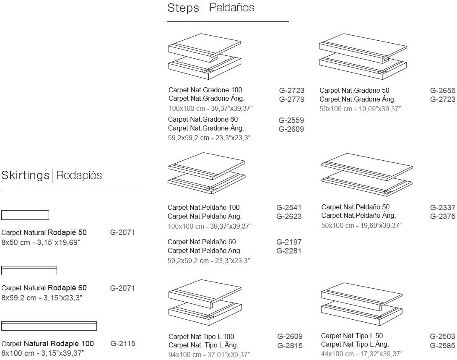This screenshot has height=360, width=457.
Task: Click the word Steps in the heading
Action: [x=183, y=8]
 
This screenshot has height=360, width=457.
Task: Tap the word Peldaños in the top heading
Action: [x=231, y=8]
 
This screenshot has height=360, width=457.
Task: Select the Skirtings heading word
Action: [x=25, y=175]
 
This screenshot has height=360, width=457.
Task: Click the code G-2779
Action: [x=291, y=99]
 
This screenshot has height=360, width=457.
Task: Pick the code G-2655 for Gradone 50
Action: [x=442, y=90]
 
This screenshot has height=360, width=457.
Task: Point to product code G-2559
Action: [x=291, y=120]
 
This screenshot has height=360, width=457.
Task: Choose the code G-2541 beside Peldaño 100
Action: [x=289, y=207]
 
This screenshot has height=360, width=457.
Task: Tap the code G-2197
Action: [x=289, y=242]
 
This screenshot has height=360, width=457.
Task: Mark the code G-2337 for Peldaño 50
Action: [x=442, y=207]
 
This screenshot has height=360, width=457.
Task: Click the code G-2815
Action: [x=290, y=346]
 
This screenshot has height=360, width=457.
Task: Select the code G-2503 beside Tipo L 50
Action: [x=442, y=337]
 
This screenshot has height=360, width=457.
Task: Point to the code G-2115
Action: [x=123, y=344]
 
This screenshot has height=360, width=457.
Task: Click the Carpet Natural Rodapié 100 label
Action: [x=48, y=344]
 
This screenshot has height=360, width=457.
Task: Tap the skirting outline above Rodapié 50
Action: [x=25, y=215]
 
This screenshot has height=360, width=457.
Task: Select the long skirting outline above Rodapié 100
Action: [x=49, y=326]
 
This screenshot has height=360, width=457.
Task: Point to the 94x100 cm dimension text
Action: [x=209, y=355]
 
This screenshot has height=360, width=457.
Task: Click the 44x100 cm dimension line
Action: [x=361, y=354]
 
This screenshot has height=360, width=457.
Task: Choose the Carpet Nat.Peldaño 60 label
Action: [x=202, y=242]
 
